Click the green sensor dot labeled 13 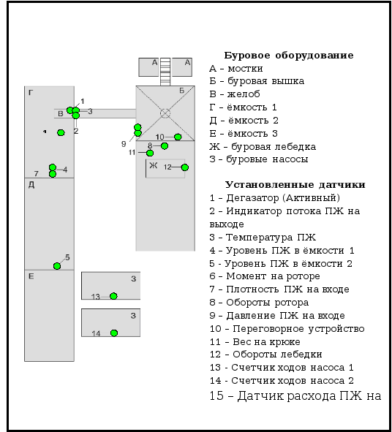pyautogui.click(x=113, y=296)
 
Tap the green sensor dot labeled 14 pyautogui.click(x=114, y=333)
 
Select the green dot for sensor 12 pyautogui.click(x=185, y=167)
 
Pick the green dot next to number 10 pyautogui.click(x=178, y=137)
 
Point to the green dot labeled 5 pyautogui.click(x=57, y=266)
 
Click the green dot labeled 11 pyautogui.click(x=150, y=153)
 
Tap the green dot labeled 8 pyautogui.click(x=165, y=145)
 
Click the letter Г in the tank pyautogui.click(x=31, y=93)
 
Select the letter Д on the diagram pyautogui.click(x=31, y=185)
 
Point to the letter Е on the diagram pyautogui.click(x=31, y=276)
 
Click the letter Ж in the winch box pyautogui.click(x=154, y=165)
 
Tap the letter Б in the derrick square pyautogui.click(x=181, y=91)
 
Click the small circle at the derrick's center pyautogui.click(x=165, y=113)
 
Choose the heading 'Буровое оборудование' pyautogui.click(x=289, y=56)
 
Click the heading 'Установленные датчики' pyautogui.click(x=295, y=185)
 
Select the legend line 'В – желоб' pyautogui.click(x=235, y=94)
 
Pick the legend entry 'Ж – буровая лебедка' pyautogui.click(x=263, y=147)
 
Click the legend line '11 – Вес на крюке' pyautogui.click(x=255, y=342)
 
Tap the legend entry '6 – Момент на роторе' pyautogui.click(x=265, y=276)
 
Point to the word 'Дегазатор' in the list pyautogui.click(x=253, y=198)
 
